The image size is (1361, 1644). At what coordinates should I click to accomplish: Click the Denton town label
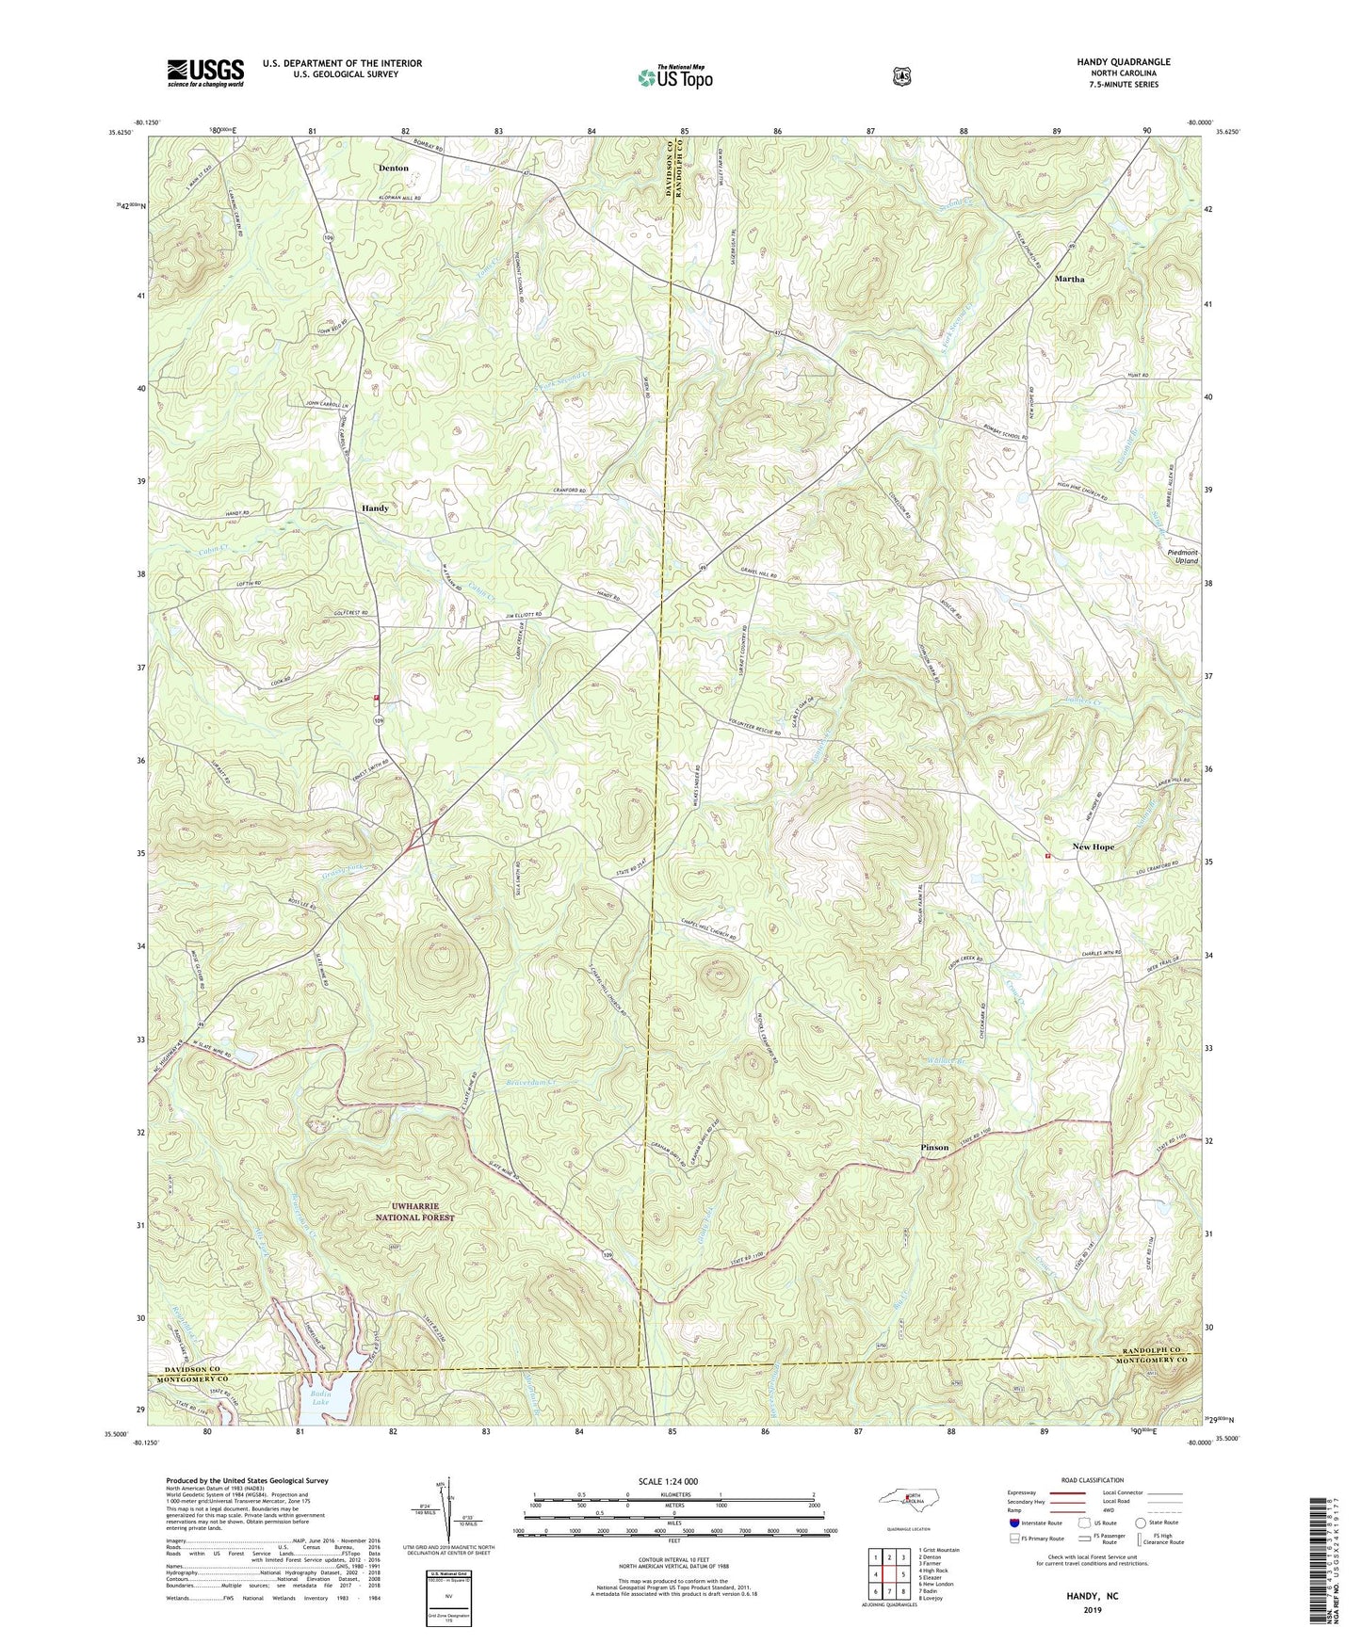[x=393, y=168]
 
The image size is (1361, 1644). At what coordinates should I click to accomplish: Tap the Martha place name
[x=1069, y=279]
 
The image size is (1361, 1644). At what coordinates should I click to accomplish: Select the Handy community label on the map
[x=375, y=508]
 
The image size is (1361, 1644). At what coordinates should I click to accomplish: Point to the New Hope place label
[x=1093, y=846]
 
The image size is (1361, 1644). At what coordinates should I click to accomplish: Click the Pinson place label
[x=934, y=1148]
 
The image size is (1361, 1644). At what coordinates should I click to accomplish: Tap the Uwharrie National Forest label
[x=409, y=1212]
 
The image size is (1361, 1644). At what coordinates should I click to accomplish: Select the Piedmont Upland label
[x=1182, y=556]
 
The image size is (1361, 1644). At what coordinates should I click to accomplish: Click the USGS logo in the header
[x=205, y=72]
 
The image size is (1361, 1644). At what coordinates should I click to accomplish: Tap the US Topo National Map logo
[x=674, y=76]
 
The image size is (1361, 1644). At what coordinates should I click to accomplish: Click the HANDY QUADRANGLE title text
[x=1124, y=62]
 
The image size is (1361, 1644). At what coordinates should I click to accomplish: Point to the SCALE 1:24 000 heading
[x=668, y=1482]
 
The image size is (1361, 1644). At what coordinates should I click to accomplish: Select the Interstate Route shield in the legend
[x=1013, y=1523]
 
